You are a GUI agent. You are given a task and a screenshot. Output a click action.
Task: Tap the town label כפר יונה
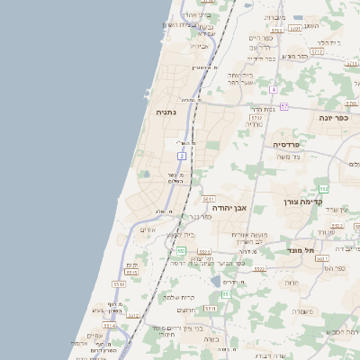333,117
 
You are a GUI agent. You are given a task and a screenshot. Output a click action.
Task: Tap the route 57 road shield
284,106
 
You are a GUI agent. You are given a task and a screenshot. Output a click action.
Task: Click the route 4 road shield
274,88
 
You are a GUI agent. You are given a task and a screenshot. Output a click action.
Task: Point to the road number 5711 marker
257,117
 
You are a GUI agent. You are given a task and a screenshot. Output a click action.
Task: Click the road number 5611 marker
208,198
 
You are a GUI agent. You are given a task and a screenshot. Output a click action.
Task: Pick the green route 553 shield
182,250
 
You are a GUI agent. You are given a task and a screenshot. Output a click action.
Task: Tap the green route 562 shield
324,188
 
